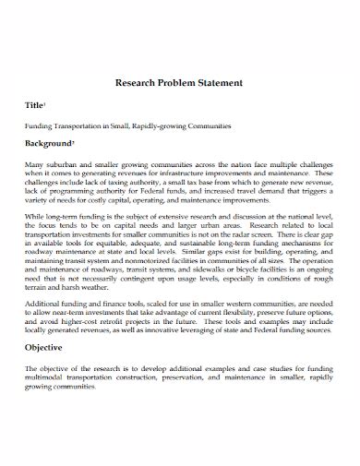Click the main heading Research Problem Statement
click(x=178, y=82)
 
